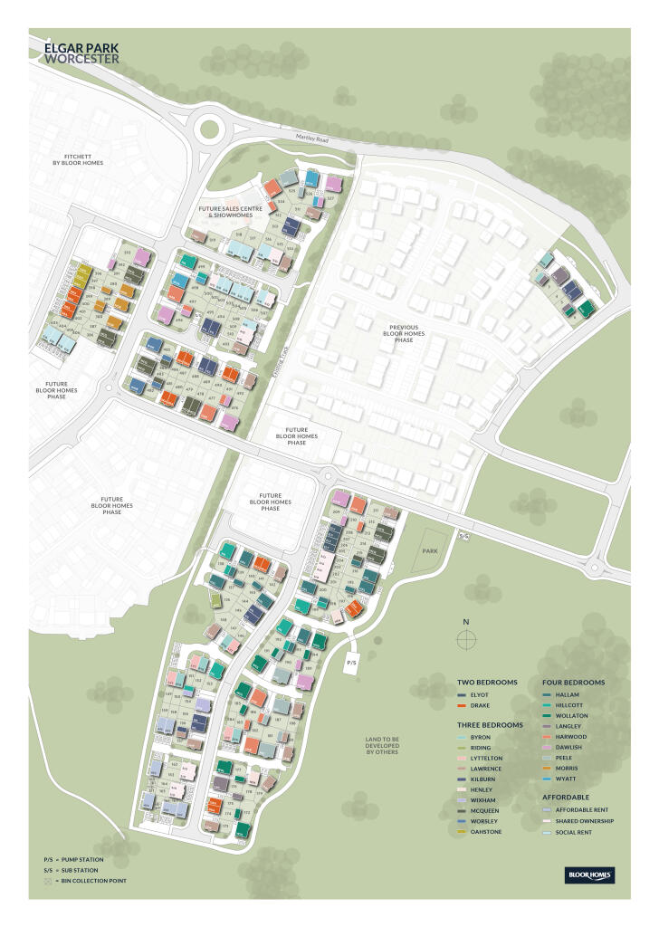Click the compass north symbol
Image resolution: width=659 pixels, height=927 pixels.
pyautogui.click(x=466, y=639)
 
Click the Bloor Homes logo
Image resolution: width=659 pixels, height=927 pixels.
pyautogui.click(x=589, y=874)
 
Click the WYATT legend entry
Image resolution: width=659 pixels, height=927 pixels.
pyautogui.click(x=566, y=778)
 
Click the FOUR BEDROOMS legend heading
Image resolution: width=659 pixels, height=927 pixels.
pyautogui.click(x=574, y=682)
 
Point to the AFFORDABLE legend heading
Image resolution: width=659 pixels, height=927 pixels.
pyautogui.click(x=566, y=797)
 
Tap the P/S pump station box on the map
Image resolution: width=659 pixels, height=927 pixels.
pyautogui.click(x=353, y=662)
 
